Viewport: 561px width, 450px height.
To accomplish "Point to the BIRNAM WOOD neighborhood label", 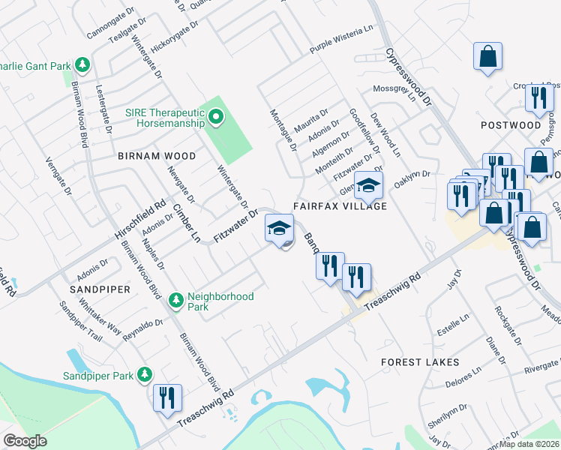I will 157,156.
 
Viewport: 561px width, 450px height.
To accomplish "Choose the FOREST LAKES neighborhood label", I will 420,362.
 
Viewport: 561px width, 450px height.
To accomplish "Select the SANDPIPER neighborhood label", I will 100,289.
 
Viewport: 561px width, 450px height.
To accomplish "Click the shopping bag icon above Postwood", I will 487,57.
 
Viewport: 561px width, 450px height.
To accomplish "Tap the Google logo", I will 25,441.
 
